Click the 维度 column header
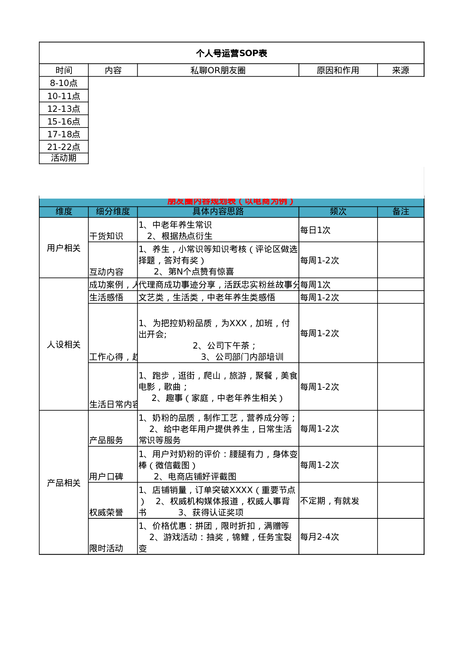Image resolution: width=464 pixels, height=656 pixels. [x=64, y=212]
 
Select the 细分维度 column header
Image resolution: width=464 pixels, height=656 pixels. [x=113, y=212]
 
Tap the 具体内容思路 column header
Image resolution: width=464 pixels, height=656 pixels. [x=218, y=212]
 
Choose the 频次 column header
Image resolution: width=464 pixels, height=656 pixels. [x=338, y=212]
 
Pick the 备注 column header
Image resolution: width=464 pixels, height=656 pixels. [x=400, y=212]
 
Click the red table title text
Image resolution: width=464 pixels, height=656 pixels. [x=231, y=202]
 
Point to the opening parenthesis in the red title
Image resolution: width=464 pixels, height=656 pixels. [x=240, y=202]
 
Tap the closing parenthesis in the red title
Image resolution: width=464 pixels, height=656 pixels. [x=291, y=202]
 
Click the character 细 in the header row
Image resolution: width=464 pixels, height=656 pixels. [x=100, y=212]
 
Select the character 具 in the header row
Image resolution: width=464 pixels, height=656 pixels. [x=196, y=212]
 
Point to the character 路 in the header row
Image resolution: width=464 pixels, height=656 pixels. [x=239, y=212]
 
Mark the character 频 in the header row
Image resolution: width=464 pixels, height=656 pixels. [x=334, y=212]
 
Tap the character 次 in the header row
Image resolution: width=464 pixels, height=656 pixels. [x=342, y=212]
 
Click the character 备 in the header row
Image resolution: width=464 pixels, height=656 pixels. [x=396, y=212]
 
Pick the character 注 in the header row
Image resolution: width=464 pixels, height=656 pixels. [x=405, y=212]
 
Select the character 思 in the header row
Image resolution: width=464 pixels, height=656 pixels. [x=231, y=212]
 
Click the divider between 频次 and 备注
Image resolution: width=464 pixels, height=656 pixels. [x=378, y=212]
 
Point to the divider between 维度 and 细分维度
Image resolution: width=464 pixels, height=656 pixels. [x=88, y=212]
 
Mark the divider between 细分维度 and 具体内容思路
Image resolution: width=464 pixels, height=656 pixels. [x=137, y=212]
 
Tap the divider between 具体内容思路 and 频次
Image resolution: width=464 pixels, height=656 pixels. [x=299, y=212]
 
